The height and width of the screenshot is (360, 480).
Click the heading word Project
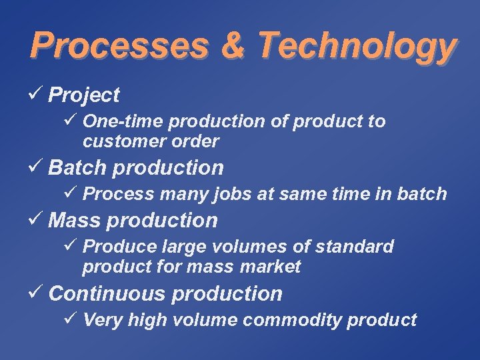coord(84,96)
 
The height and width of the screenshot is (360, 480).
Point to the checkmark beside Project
coord(37,95)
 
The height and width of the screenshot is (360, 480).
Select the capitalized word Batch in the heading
coord(78,167)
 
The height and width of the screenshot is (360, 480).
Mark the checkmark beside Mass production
coord(37,219)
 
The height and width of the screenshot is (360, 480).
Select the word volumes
coord(255,247)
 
